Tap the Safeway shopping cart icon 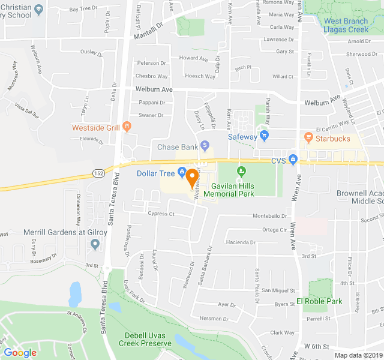(265, 136)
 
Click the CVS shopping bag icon (293, 160)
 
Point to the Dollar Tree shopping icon (182, 173)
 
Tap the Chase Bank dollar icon (205, 145)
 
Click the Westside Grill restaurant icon (127, 126)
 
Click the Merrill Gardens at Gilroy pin (95, 244)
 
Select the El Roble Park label (319, 301)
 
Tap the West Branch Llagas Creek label (346, 25)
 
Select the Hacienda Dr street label (240, 242)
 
